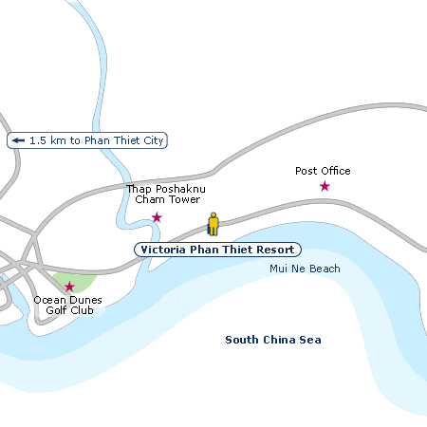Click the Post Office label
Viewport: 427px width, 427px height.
(323, 171)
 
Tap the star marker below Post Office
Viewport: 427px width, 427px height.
(325, 186)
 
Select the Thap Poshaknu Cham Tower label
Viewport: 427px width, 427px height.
(166, 195)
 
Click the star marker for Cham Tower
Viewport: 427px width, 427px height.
(157, 217)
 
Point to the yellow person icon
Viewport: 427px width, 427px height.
(213, 225)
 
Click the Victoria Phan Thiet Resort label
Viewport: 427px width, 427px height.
(217, 250)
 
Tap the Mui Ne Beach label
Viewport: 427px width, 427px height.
(304, 269)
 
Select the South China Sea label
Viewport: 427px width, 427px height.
(273, 340)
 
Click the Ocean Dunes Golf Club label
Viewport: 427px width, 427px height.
(67, 305)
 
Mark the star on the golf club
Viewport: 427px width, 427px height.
(69, 286)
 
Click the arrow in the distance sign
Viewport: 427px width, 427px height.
(18, 140)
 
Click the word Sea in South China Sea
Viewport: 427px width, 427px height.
(311, 340)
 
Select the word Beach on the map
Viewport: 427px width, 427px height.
(324, 269)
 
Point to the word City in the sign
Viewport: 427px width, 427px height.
(153, 140)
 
